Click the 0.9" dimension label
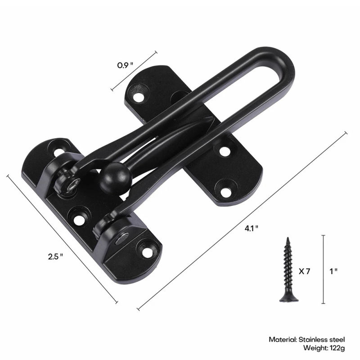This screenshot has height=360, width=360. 126,65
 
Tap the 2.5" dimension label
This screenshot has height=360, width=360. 55,256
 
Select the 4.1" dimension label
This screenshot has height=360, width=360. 251,228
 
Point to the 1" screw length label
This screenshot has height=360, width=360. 333,271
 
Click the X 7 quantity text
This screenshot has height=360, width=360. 304,271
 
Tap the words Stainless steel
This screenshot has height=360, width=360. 324,339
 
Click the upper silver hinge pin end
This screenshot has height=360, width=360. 73,184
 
